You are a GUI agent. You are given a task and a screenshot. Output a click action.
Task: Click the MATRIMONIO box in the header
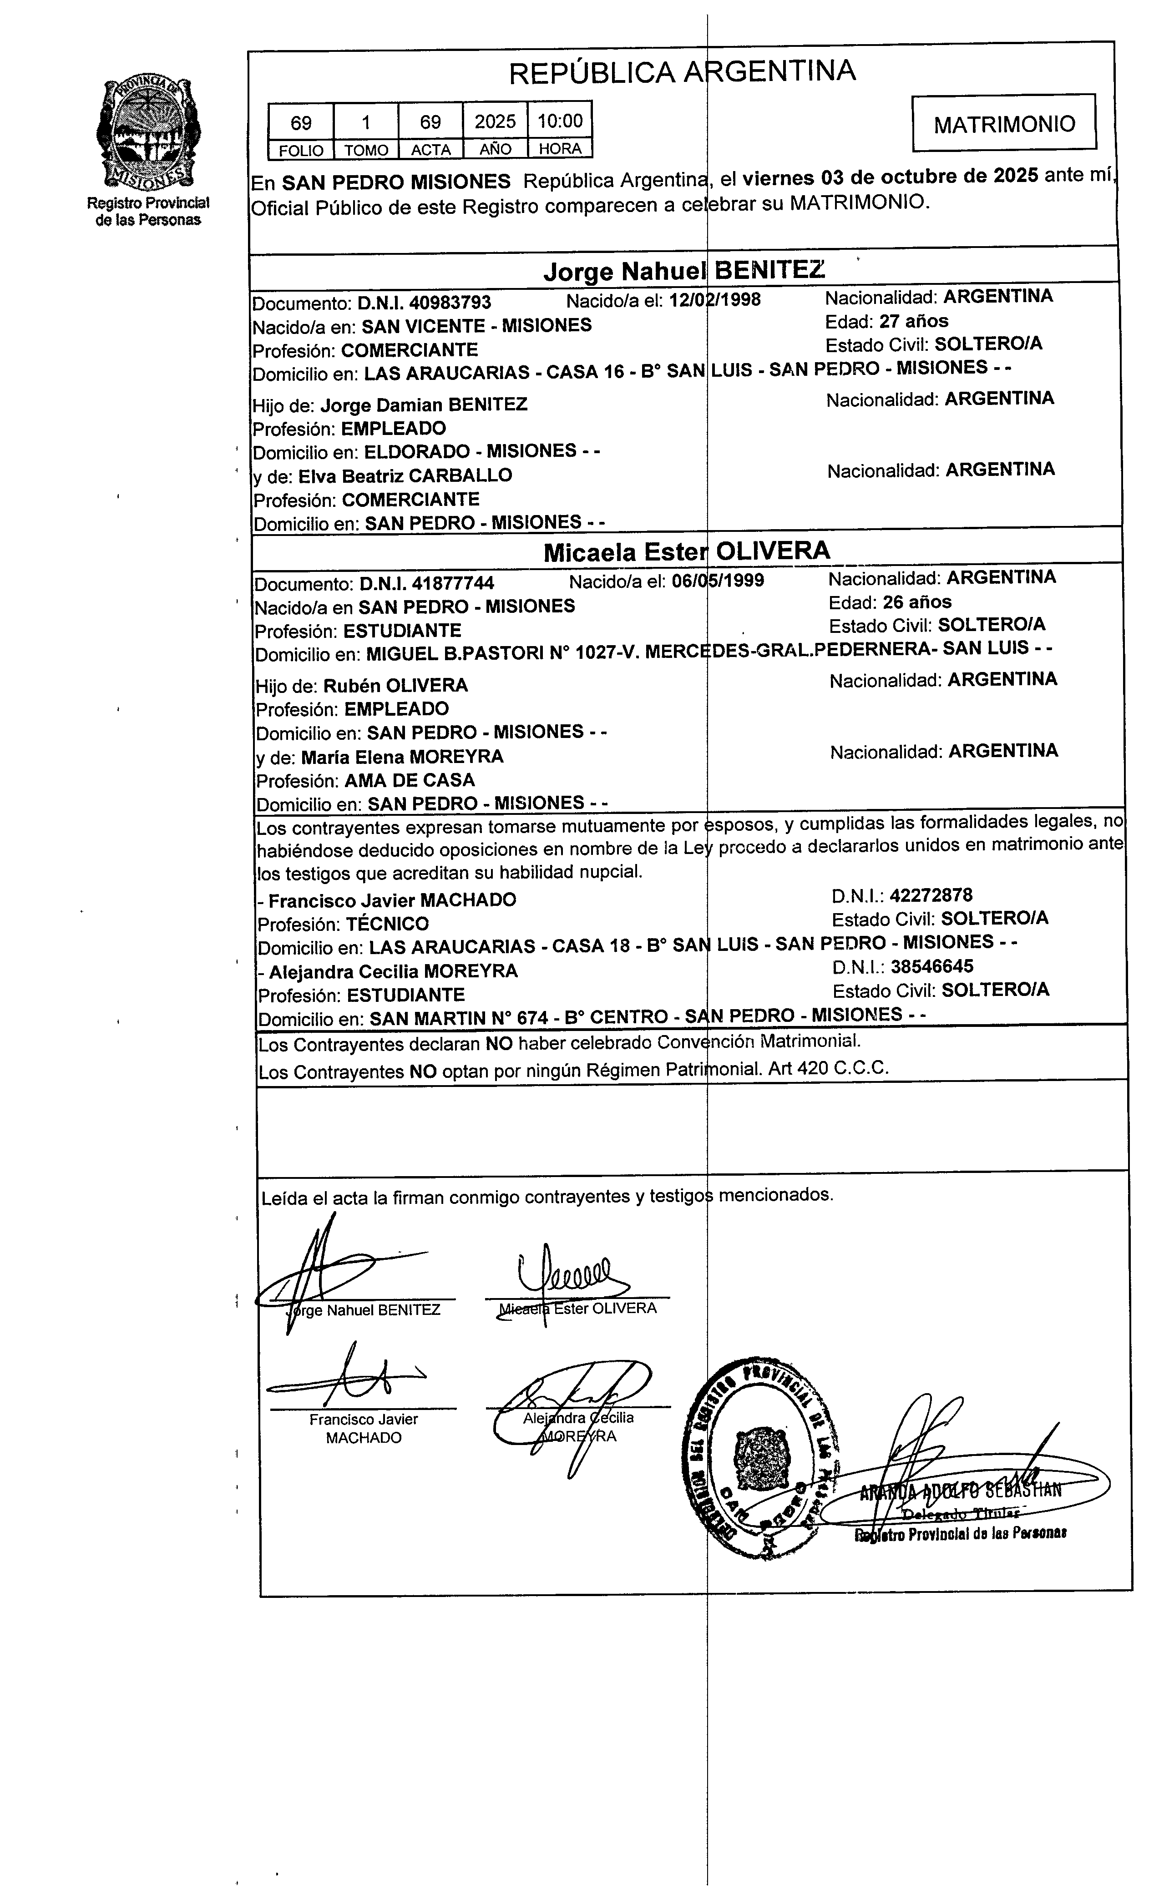pyautogui.click(x=1003, y=123)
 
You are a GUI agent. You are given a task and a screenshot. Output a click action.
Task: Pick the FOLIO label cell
pyautogui.click(x=301, y=150)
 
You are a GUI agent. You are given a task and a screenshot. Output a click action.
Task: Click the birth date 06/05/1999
pyautogui.click(x=718, y=581)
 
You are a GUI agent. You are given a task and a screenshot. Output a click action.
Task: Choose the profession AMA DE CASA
pyautogui.click(x=410, y=780)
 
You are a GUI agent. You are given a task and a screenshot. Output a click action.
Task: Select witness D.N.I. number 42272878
pyautogui.click(x=931, y=895)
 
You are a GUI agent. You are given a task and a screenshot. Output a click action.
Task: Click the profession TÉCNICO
pyautogui.click(x=387, y=924)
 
